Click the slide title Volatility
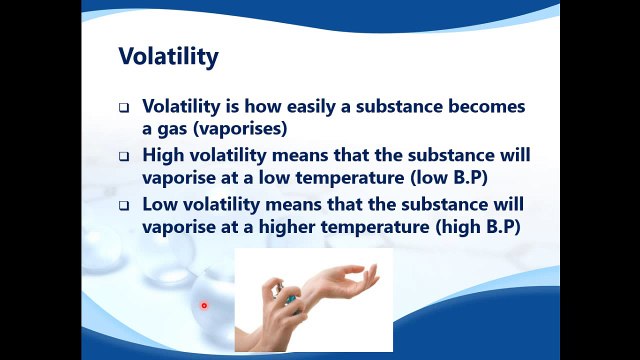(x=168, y=57)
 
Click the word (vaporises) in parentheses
(x=250, y=128)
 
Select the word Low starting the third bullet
(x=162, y=205)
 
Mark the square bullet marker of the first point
(x=124, y=107)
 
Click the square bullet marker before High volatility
(x=124, y=157)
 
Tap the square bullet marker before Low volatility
(x=124, y=206)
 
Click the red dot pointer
(x=203, y=306)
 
